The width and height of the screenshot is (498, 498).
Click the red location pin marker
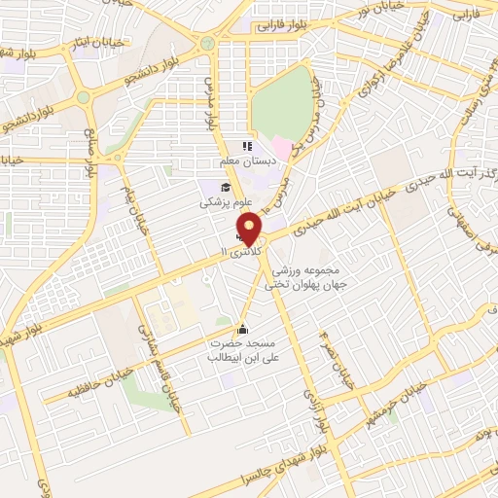(x=250, y=230)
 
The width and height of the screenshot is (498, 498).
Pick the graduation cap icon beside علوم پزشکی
(x=225, y=188)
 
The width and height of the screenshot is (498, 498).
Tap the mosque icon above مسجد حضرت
(x=242, y=327)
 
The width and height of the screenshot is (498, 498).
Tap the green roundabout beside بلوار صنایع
(x=84, y=97)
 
